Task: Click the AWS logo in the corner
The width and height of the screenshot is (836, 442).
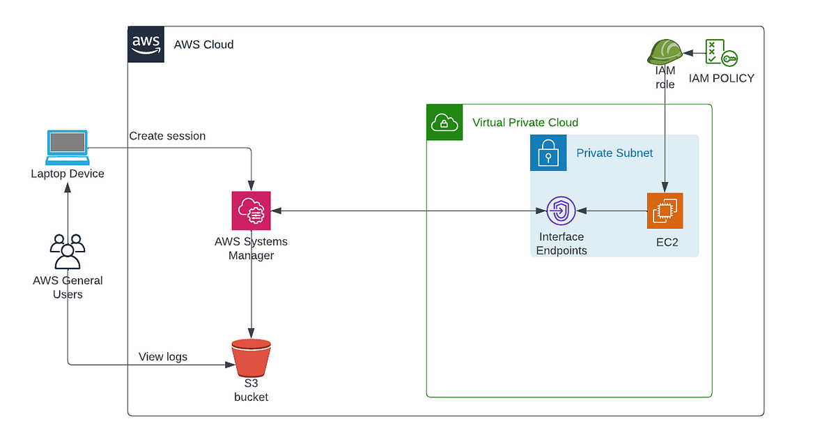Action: click(146, 45)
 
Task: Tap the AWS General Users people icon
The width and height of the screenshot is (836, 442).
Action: click(68, 252)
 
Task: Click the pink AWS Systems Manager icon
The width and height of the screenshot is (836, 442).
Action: click(251, 211)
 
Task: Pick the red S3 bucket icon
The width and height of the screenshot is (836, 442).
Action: click(251, 358)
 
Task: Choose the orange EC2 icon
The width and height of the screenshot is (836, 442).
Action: click(665, 211)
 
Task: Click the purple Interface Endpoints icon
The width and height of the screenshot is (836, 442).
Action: click(561, 211)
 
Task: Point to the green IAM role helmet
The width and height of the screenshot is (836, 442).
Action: click(664, 52)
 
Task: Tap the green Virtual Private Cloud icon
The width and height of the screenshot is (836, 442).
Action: click(444, 123)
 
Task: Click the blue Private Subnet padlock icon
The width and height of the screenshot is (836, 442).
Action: click(548, 153)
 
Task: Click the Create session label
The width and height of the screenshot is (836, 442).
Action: click(167, 136)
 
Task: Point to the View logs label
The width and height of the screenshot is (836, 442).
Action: click(163, 357)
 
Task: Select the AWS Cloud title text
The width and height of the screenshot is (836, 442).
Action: click(203, 45)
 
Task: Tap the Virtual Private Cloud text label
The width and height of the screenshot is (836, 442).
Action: click(525, 123)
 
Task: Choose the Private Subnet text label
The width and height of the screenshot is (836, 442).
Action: click(614, 153)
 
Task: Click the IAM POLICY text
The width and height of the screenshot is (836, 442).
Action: click(721, 78)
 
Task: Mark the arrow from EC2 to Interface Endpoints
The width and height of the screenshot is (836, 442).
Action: click(613, 211)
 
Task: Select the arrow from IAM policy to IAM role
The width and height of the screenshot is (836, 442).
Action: click(694, 52)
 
